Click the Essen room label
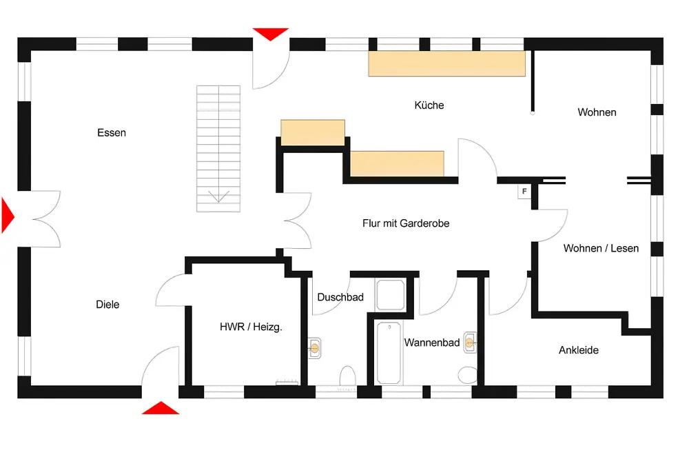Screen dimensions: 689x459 pos(112,133)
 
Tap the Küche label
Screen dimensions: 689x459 pos(429,105)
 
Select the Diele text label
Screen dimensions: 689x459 pos(107,304)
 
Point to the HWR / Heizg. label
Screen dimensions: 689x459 pos(251,327)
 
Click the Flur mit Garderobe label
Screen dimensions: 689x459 pos(406,223)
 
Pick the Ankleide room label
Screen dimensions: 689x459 pos(579,350)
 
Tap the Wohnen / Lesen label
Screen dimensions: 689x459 pos(601,248)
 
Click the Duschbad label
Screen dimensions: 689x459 pos(340,297)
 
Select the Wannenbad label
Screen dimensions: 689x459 pos(432,343)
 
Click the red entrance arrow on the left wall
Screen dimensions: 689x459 pos(8,216)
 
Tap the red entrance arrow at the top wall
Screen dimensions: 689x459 pos(271,34)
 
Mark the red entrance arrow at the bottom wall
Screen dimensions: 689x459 pos(161,409)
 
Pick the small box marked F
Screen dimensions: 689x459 pos(524,192)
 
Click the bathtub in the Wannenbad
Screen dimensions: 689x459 pos(389,353)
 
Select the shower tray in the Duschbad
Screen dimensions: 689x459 pos(390,294)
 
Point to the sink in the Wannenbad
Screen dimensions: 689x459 pos(470,343)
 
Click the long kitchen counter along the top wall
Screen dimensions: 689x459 pos(447,63)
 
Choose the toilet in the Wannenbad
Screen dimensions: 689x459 pos(468,375)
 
